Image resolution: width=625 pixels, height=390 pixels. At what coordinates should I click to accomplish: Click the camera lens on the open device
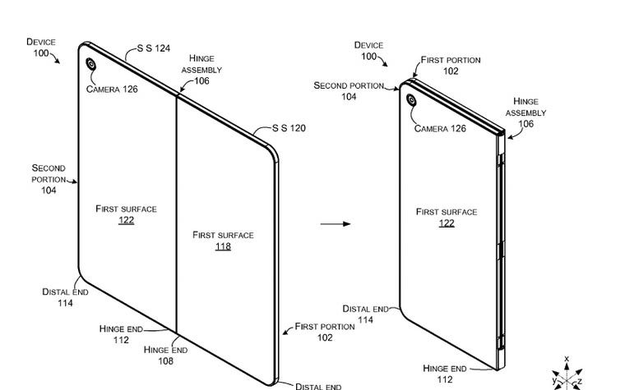pyautogui.click(x=90, y=64)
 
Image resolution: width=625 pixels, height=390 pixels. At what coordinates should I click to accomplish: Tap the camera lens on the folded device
pyautogui.click(x=410, y=101)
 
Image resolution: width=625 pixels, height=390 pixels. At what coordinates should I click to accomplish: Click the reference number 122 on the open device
pyautogui.click(x=126, y=220)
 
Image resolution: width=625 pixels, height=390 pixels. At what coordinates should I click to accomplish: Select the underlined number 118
pyautogui.click(x=223, y=246)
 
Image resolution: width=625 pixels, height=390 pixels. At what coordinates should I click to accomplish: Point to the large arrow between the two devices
pyautogui.click(x=335, y=223)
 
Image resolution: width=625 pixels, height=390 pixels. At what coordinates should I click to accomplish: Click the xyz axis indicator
pyautogui.click(x=567, y=374)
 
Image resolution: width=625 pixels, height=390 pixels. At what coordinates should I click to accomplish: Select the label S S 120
pyautogui.click(x=289, y=129)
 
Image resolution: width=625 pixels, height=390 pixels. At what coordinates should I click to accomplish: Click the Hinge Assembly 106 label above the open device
pyautogui.click(x=201, y=70)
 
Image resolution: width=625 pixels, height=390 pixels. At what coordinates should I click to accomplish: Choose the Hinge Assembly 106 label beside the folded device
pyautogui.click(x=525, y=112)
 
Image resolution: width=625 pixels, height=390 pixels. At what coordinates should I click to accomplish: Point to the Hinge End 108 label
pyautogui.click(x=165, y=355)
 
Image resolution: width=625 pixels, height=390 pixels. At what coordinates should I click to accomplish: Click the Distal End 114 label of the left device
pyautogui.click(x=65, y=297)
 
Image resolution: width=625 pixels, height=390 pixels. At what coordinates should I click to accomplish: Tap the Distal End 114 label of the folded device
pyautogui.click(x=366, y=314)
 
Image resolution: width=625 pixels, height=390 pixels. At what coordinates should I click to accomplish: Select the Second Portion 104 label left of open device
pyautogui.click(x=49, y=179)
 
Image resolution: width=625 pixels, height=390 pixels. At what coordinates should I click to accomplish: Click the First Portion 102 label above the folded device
pyautogui.click(x=451, y=66)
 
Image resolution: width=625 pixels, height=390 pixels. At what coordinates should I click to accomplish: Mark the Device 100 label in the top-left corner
pyautogui.click(x=41, y=48)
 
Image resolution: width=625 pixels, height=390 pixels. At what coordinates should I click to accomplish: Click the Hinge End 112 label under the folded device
pyautogui.click(x=445, y=374)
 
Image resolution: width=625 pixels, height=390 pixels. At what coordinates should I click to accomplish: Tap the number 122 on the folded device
pyautogui.click(x=447, y=223)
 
